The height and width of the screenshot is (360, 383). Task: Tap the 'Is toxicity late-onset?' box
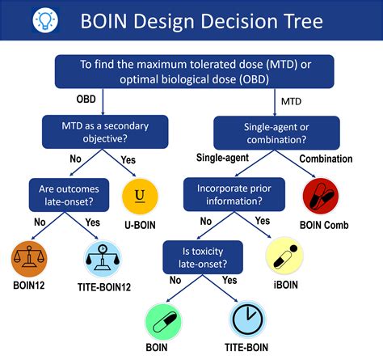202,255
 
